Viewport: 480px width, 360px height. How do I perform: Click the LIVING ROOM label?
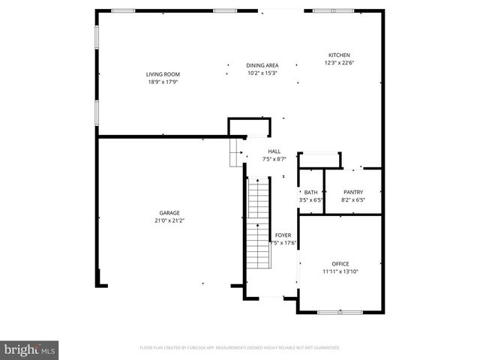point(163,74)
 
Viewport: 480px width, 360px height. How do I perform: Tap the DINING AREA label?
point(262,66)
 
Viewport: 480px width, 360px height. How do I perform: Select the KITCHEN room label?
point(339,55)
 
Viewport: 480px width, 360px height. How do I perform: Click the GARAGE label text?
point(169,212)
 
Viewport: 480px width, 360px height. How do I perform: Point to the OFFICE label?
point(340,263)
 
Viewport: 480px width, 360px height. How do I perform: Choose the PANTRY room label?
point(352,192)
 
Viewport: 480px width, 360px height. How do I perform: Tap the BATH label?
point(310,192)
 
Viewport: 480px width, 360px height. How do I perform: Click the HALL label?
point(274,151)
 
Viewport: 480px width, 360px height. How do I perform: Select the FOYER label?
point(283,235)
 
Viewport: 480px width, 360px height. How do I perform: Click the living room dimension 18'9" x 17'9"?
point(163,82)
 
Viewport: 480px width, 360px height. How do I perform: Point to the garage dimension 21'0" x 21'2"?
point(169,220)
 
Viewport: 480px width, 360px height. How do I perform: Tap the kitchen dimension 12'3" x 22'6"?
point(339,63)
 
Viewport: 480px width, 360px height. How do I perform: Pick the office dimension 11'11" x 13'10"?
point(340,271)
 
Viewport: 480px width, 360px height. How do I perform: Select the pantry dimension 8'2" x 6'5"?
point(352,199)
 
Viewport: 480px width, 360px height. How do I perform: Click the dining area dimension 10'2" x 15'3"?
point(262,73)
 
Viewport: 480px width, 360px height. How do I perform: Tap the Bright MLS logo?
point(30,349)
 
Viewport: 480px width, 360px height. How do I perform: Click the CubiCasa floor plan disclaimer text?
point(240,348)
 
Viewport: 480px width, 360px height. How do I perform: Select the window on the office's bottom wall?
point(340,311)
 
